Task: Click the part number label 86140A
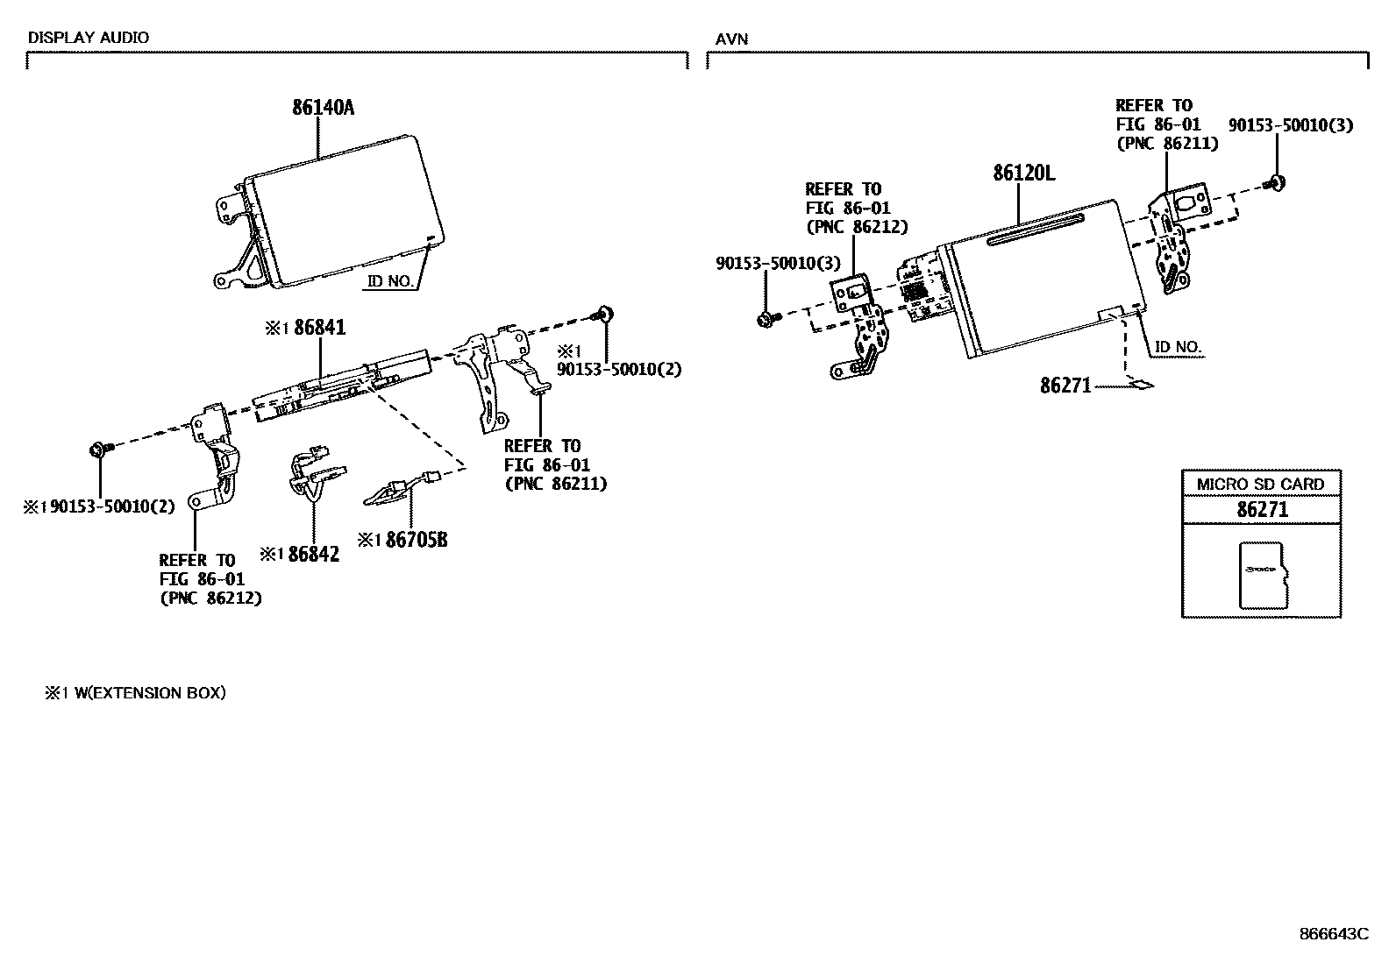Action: click(x=324, y=108)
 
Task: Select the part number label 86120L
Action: click(x=1023, y=173)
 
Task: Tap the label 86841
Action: click(x=320, y=328)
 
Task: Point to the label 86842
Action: click(x=313, y=554)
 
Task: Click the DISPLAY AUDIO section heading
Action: click(x=89, y=38)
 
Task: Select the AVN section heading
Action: click(x=731, y=39)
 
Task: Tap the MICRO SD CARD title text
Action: click(x=1260, y=484)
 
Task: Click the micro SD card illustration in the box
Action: click(x=1262, y=575)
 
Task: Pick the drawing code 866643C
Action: click(x=1333, y=934)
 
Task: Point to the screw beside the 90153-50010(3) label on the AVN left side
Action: click(x=766, y=320)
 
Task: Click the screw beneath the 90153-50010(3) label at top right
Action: click(x=1276, y=183)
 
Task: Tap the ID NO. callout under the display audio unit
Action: click(x=392, y=281)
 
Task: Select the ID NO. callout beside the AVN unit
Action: click(x=1178, y=347)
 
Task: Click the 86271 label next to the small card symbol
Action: click(x=1065, y=385)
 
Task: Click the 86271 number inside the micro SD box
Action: click(x=1262, y=509)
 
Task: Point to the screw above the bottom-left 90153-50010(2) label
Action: click(x=97, y=450)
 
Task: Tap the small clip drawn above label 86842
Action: click(x=311, y=473)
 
